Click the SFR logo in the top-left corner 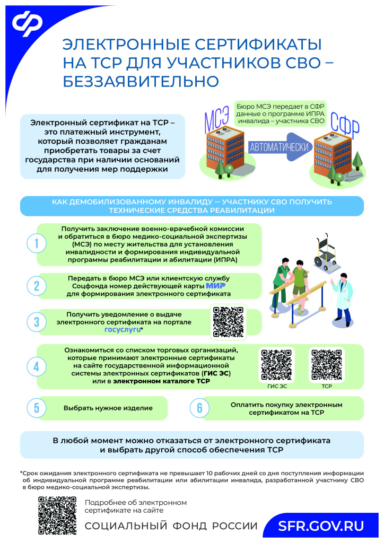tap(28, 24)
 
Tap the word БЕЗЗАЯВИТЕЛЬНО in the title tap(141, 82)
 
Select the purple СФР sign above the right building tap(344, 125)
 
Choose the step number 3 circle tap(36, 322)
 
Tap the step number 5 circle tap(36, 408)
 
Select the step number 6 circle tap(199, 408)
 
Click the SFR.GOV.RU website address tap(321, 526)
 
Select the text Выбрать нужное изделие tap(108, 408)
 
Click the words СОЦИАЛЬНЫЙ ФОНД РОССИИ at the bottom tap(171, 526)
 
